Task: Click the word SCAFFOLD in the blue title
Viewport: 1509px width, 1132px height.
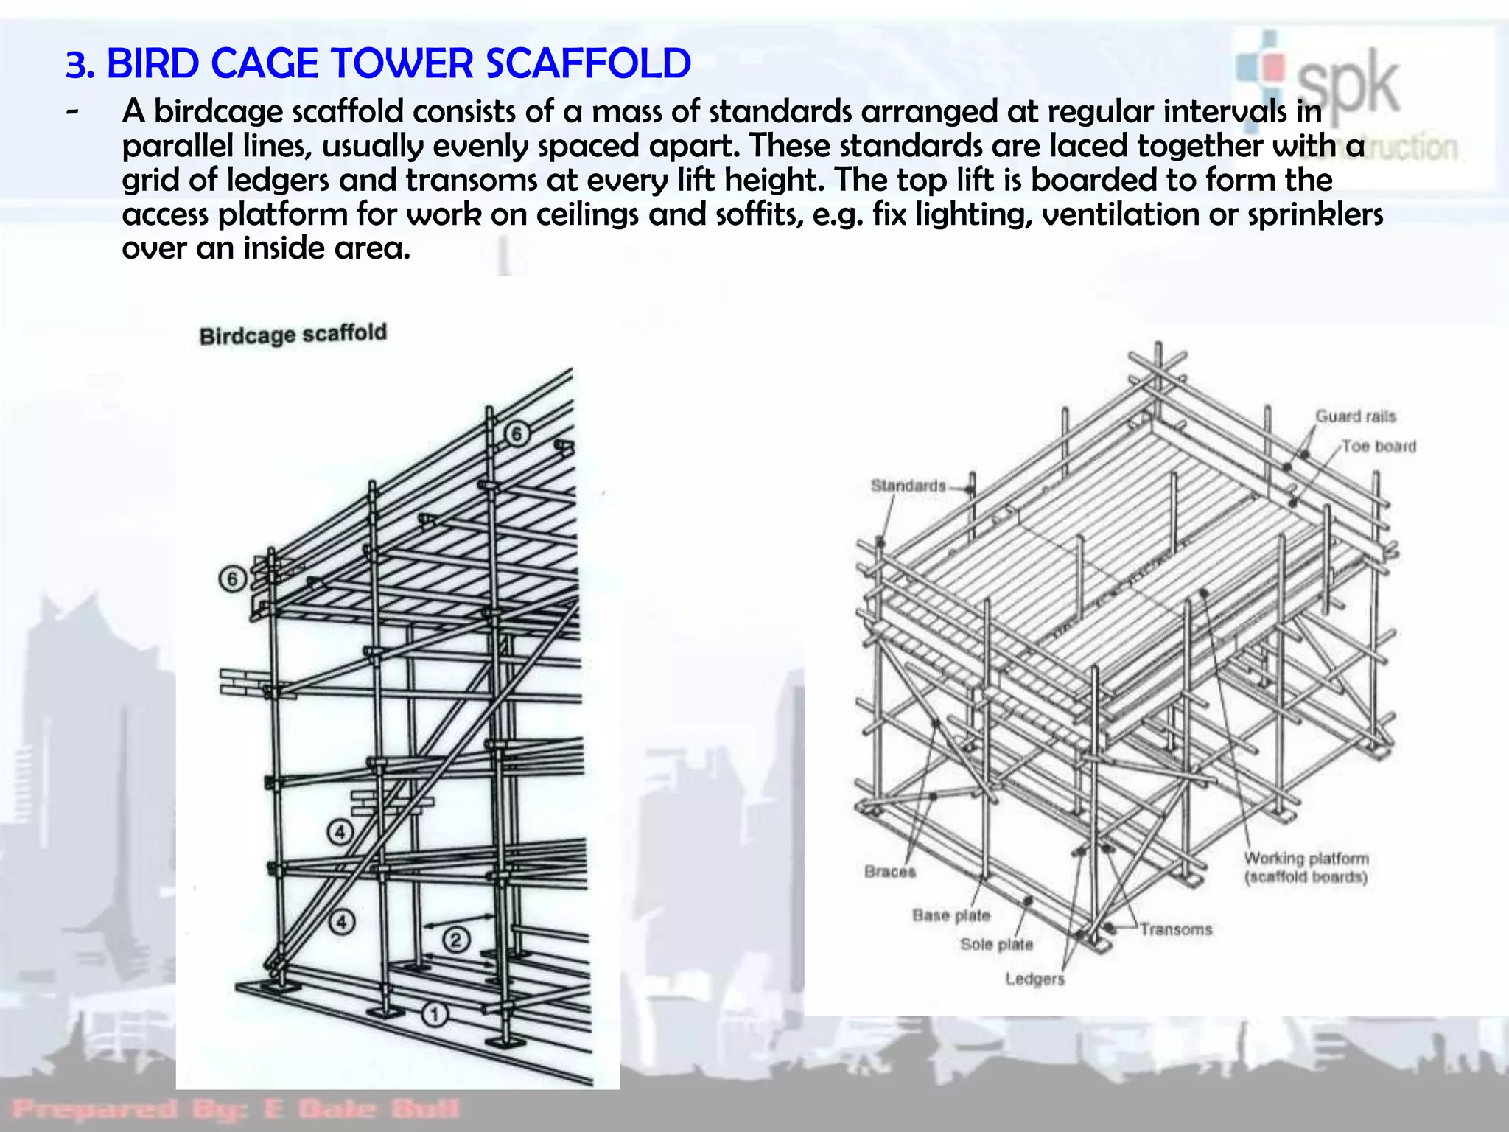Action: pyautogui.click(x=588, y=63)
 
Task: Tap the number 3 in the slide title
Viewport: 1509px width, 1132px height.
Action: pyautogui.click(x=75, y=65)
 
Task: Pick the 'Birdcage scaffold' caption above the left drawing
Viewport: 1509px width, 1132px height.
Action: pyautogui.click(x=293, y=335)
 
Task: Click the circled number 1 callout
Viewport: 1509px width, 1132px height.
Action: pyautogui.click(x=435, y=1015)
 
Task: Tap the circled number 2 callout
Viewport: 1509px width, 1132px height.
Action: pyautogui.click(x=455, y=940)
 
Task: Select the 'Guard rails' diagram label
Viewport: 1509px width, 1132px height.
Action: pyautogui.click(x=1356, y=416)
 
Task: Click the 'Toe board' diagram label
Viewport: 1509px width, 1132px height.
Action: pyautogui.click(x=1379, y=447)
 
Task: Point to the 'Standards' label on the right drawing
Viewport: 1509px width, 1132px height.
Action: pyautogui.click(x=908, y=486)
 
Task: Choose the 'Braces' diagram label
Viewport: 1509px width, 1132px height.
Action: pyautogui.click(x=890, y=872)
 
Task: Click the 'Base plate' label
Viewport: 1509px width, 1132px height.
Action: pyautogui.click(x=951, y=915)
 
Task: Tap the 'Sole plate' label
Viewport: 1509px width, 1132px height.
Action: pyautogui.click(x=996, y=945)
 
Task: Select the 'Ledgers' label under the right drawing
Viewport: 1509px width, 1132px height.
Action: pyautogui.click(x=1035, y=979)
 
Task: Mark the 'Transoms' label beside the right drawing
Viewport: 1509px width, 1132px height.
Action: pyautogui.click(x=1176, y=929)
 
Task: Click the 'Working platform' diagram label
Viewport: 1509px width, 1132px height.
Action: pyautogui.click(x=1306, y=859)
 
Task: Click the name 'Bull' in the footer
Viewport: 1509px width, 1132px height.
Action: pyautogui.click(x=424, y=1108)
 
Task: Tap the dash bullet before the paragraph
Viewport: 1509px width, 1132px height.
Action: pyautogui.click(x=72, y=113)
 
